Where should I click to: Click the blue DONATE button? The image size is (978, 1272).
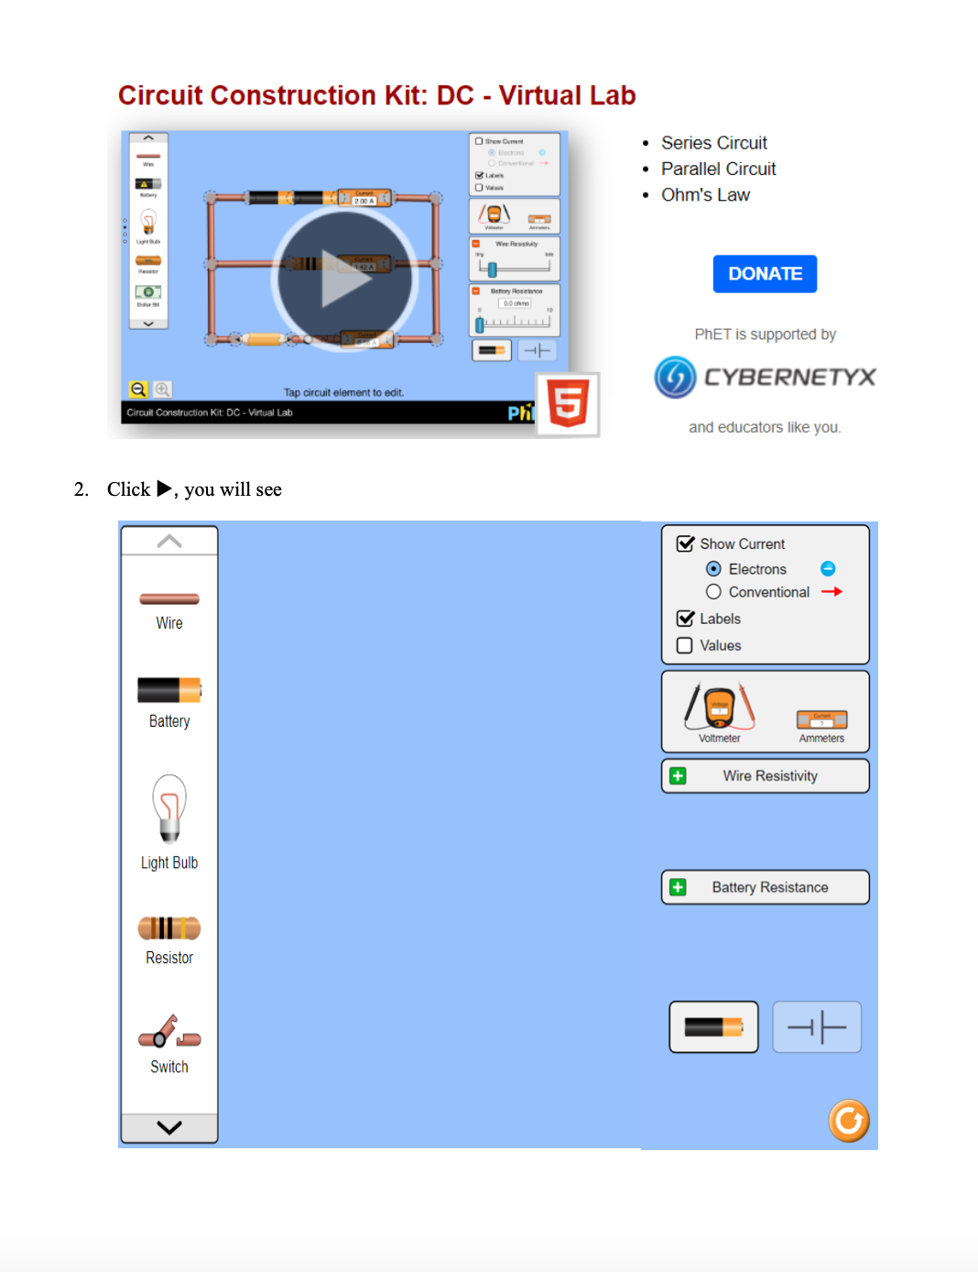(x=765, y=274)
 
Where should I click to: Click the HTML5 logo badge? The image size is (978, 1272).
(x=568, y=404)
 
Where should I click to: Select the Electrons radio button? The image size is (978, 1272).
(x=713, y=569)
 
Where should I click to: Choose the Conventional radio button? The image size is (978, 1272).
(x=713, y=592)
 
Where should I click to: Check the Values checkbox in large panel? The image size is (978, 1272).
(x=684, y=645)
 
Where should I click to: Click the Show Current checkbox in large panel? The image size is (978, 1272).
(x=684, y=543)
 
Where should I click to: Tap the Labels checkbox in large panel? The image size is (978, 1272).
(x=684, y=619)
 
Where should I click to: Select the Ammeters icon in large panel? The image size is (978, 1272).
(x=821, y=720)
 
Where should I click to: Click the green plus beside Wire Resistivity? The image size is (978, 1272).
(x=678, y=776)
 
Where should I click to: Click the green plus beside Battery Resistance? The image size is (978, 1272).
(x=678, y=887)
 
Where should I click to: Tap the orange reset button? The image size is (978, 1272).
(x=849, y=1120)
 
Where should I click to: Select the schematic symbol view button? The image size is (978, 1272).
(x=817, y=1026)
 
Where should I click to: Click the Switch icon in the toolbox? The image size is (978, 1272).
(x=169, y=1033)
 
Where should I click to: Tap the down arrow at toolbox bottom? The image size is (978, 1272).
(x=169, y=1128)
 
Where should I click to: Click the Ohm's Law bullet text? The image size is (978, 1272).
(x=705, y=195)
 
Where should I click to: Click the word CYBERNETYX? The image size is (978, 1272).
(x=789, y=377)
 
